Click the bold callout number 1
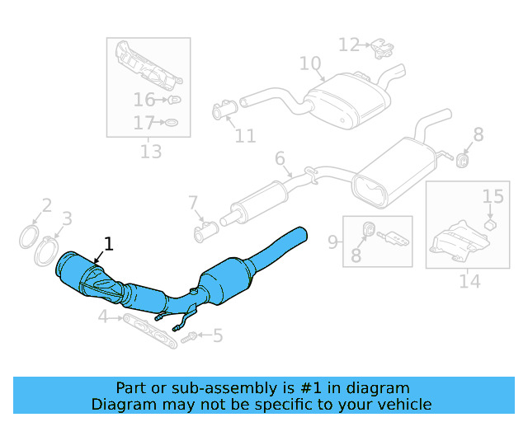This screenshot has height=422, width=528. [x=107, y=243]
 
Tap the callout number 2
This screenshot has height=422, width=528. [x=47, y=205]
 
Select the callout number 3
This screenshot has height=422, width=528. [x=68, y=218]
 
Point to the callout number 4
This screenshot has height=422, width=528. [x=102, y=316]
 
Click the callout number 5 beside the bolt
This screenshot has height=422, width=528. [x=218, y=335]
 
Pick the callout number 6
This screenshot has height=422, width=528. [x=280, y=158]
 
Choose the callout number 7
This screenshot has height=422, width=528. [x=193, y=203]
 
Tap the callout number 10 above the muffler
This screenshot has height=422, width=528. [x=309, y=63]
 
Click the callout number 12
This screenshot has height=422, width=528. [x=349, y=45]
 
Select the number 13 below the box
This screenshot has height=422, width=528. [x=151, y=152]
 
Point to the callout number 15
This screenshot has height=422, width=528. [x=493, y=196]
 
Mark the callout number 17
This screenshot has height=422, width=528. [x=144, y=124]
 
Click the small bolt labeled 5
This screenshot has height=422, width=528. [x=189, y=336]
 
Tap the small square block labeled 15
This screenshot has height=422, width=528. [x=490, y=223]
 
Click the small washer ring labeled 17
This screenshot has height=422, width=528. [x=171, y=124]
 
